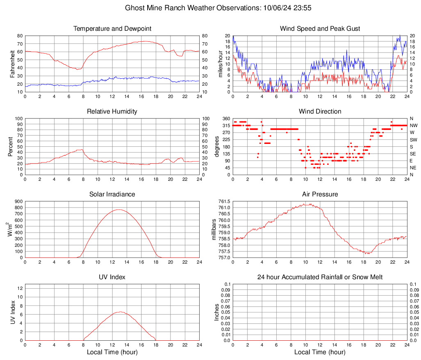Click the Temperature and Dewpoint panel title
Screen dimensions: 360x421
pyautogui.click(x=112, y=29)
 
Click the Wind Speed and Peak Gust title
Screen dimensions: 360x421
pyautogui.click(x=320, y=29)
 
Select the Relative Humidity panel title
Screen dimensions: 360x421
pyautogui.click(x=112, y=112)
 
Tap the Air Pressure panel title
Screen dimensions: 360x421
pyautogui.click(x=320, y=194)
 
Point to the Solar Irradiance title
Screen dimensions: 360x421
pyautogui.click(x=112, y=194)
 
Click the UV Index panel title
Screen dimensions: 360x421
pyautogui.click(x=112, y=277)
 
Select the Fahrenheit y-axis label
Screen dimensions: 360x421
pyautogui.click(x=13, y=64)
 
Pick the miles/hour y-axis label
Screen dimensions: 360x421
pyautogui.click(x=221, y=64)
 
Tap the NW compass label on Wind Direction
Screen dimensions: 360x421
pyautogui.click(x=414, y=125)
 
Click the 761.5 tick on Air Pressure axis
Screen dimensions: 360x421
pyautogui.click(x=225, y=202)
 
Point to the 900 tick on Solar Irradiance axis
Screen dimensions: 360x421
pyautogui.click(x=18, y=202)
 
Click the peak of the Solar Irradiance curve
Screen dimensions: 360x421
pyautogui.click(x=118, y=210)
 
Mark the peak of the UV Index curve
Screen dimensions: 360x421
pyautogui.click(x=119, y=312)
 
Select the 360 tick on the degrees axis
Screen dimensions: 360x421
pyautogui.click(x=226, y=118)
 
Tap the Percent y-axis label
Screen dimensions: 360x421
pyautogui.click(x=11, y=147)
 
